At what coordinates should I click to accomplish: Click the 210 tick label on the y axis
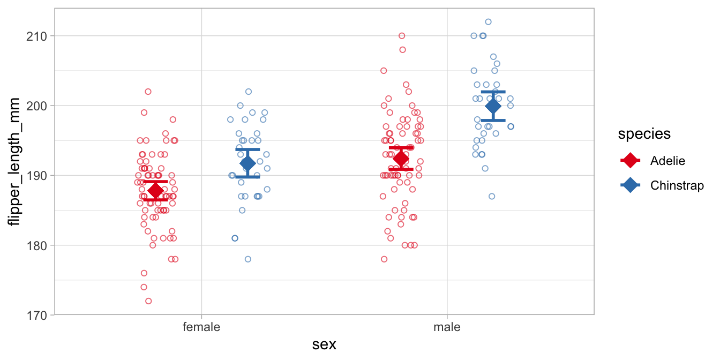pos(36,36)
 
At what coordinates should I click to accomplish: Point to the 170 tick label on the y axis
pos(36,315)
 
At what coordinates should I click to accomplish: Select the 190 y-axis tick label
pos(36,176)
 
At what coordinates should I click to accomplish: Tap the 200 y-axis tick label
pos(36,106)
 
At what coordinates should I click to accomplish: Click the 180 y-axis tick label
pos(36,245)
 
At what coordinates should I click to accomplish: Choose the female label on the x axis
pos(201,327)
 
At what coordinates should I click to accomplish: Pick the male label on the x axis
pos(447,327)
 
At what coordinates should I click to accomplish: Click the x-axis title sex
pos(324,344)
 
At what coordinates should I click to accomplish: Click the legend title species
pos(644,134)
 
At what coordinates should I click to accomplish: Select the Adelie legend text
pos(667,160)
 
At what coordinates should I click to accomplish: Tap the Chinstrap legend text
pos(677,185)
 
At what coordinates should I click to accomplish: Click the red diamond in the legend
pos(631,160)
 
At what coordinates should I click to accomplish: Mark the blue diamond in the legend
pos(631,185)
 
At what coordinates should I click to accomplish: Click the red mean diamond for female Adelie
pos(156,191)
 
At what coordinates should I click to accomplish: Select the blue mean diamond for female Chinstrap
pos(247,163)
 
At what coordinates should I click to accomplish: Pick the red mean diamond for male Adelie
pos(401,159)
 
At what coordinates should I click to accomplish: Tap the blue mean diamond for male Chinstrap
pos(493,107)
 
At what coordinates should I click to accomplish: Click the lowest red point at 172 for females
pos(148,301)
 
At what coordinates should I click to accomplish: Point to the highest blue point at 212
pos(488,22)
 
